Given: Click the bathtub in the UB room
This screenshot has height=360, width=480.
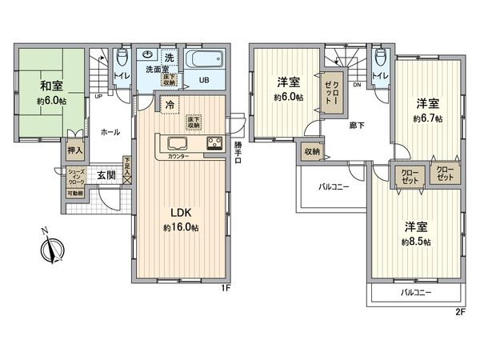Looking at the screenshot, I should (x=206, y=61).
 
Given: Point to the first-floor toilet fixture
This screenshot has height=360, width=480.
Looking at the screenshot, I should (x=121, y=60).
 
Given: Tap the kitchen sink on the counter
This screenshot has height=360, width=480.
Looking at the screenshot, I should (x=177, y=144).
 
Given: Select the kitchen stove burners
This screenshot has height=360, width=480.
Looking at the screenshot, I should (x=215, y=144).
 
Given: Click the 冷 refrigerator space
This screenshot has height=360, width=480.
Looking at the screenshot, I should (x=170, y=102).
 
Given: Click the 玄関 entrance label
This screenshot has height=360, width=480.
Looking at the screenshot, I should (x=106, y=175).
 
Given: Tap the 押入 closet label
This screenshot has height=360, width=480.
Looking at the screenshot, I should (x=74, y=150).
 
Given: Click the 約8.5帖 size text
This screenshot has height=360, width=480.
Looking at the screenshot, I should (x=416, y=242).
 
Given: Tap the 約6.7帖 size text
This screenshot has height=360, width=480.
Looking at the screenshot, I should (x=428, y=118).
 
